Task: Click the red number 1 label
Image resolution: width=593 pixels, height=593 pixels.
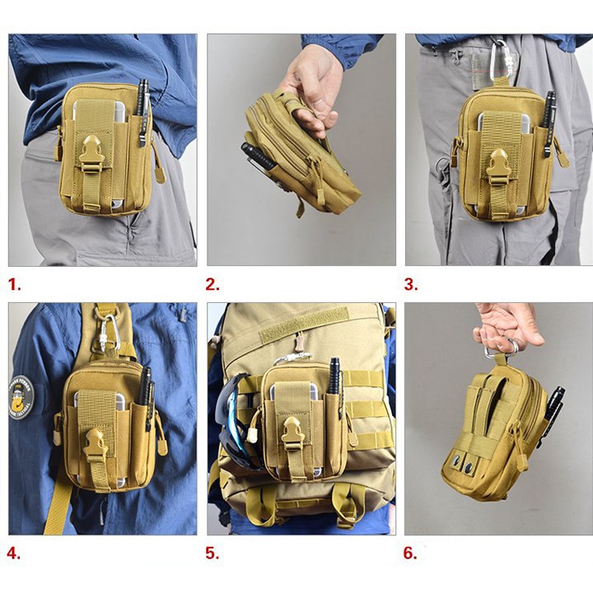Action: pyautogui.click(x=14, y=284)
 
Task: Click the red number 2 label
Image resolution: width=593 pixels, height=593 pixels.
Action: pyautogui.click(x=212, y=284)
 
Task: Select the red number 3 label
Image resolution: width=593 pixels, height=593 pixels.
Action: pyautogui.click(x=411, y=284)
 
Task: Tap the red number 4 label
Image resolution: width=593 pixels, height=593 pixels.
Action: pyautogui.click(x=14, y=553)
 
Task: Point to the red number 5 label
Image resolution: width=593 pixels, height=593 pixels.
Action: pyautogui.click(x=212, y=553)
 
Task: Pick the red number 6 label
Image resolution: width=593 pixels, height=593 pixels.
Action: pyautogui.click(x=410, y=553)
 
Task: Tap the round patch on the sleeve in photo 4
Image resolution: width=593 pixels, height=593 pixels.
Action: pyautogui.click(x=21, y=398)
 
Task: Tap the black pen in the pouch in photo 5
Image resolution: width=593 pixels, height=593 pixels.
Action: pyautogui.click(x=334, y=376)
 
